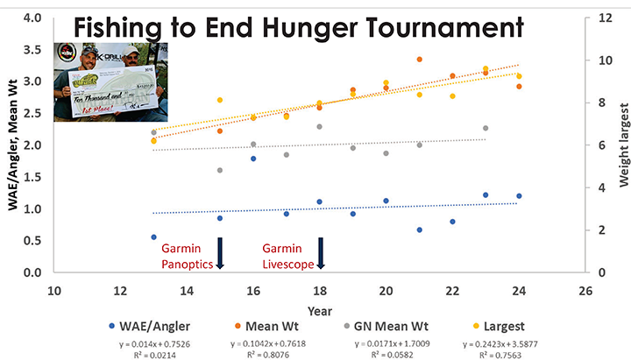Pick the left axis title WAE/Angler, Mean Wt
point(12,145)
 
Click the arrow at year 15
point(220,254)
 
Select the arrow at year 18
point(321,254)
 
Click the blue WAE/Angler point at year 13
point(153,236)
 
